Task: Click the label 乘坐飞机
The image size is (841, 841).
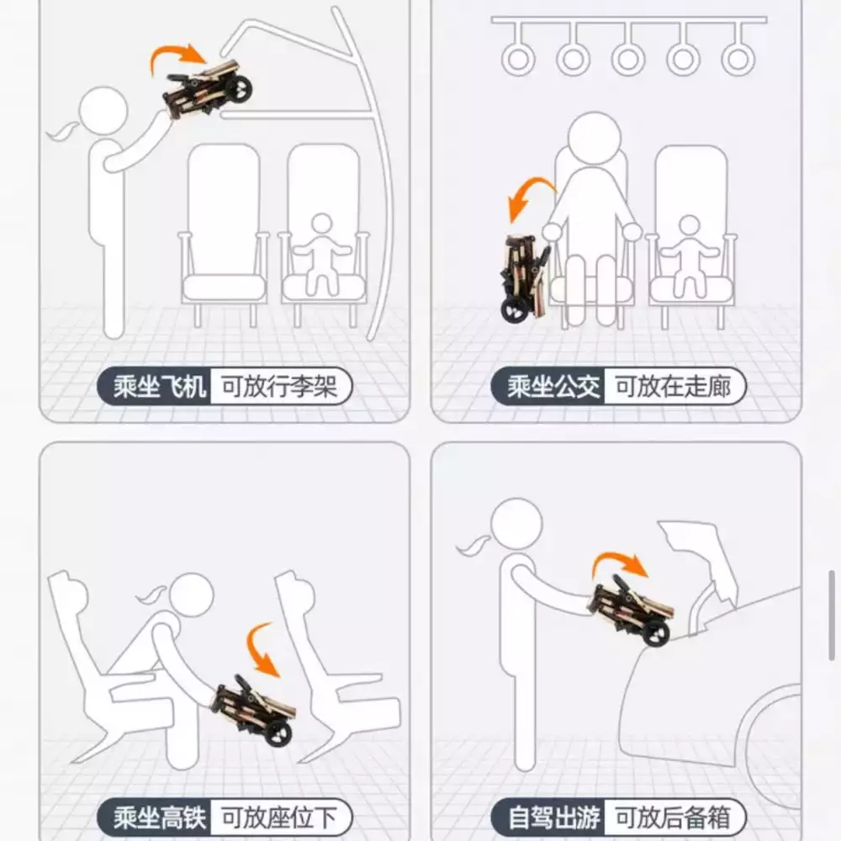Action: (x=159, y=387)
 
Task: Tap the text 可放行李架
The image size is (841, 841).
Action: (x=279, y=387)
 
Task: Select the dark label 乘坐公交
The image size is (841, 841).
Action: (x=553, y=387)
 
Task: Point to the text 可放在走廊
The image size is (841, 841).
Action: (x=673, y=387)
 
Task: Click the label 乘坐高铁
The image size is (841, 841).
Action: (x=159, y=818)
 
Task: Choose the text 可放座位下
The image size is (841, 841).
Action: (x=279, y=818)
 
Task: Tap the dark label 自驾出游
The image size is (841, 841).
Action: (x=553, y=818)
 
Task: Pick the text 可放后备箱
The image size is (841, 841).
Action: (x=673, y=818)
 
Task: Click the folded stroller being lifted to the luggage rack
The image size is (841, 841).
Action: (x=208, y=90)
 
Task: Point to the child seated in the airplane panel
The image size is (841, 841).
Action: (x=322, y=254)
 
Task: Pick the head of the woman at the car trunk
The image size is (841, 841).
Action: (x=516, y=524)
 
